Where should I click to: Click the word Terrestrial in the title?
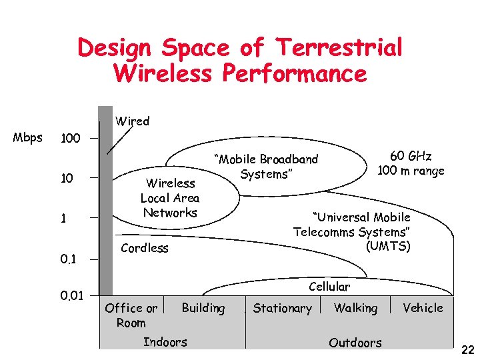[339, 48]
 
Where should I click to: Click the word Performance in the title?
[294, 73]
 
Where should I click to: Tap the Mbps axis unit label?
[28, 138]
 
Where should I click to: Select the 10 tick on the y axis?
[67, 178]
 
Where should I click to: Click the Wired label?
[132, 121]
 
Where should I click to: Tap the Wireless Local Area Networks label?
[170, 198]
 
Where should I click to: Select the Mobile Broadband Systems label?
[266, 167]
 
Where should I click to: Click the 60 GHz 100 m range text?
[411, 163]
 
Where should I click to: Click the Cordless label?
[145, 248]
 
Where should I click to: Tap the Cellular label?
[329, 287]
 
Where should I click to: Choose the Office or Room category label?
[131, 315]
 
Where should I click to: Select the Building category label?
[203, 308]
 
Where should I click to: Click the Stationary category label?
[282, 308]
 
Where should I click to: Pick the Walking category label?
[355, 308]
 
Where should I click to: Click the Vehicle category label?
[423, 308]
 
